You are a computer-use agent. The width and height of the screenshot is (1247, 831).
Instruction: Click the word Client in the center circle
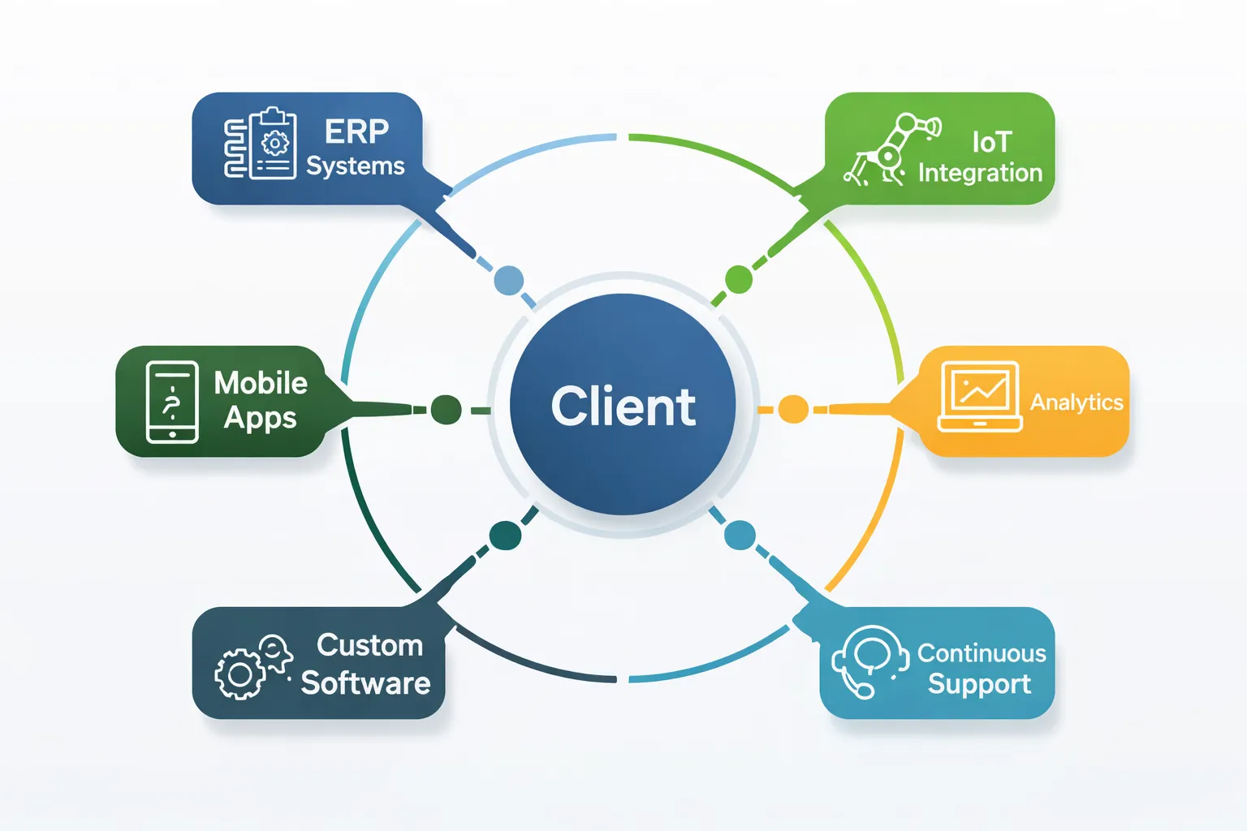tap(623, 407)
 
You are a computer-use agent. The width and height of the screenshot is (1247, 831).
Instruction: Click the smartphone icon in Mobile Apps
tap(172, 402)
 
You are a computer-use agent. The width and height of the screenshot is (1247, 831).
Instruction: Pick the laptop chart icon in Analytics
tap(980, 396)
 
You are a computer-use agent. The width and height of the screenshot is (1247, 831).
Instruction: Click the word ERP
tap(356, 131)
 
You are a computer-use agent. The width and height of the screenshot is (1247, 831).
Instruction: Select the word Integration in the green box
tap(980, 173)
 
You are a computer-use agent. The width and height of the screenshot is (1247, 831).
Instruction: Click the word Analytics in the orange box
tap(1077, 403)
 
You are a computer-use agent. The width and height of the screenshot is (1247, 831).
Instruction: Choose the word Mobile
tap(261, 383)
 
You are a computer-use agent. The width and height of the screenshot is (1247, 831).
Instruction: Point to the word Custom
tap(369, 645)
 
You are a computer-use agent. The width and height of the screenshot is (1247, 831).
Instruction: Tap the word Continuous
tap(982, 653)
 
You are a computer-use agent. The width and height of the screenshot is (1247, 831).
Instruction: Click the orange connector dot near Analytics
tap(793, 410)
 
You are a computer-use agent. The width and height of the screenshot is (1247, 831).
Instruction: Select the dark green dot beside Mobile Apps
tap(446, 410)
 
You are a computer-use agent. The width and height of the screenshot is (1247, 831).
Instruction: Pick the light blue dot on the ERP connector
tap(509, 281)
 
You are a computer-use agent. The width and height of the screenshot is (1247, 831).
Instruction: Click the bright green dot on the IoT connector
tap(738, 279)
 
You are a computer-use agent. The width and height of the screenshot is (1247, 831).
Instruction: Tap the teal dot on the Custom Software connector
tap(505, 536)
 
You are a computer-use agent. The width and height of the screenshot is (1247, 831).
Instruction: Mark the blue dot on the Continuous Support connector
tap(740, 536)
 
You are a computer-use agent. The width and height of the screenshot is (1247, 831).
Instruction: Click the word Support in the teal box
tap(979, 684)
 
